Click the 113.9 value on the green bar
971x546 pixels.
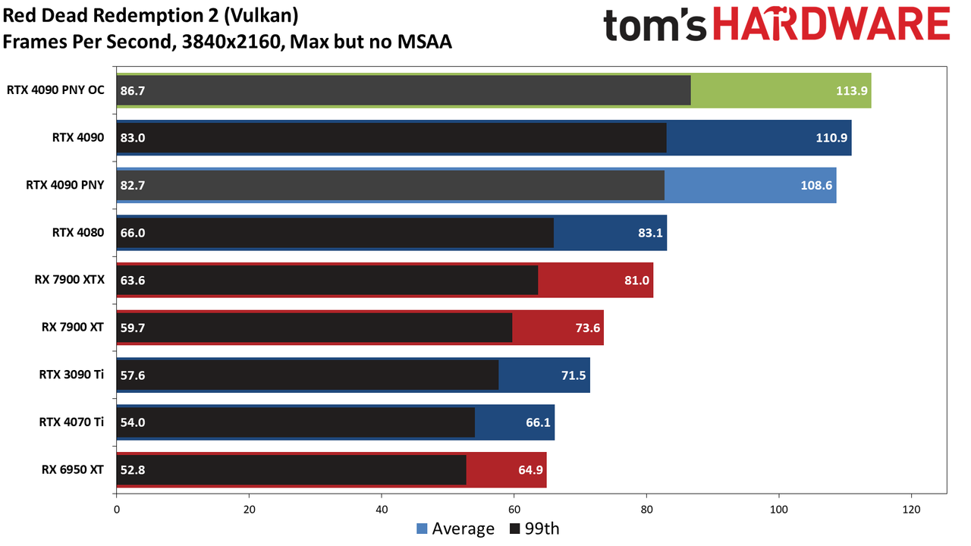tap(851, 90)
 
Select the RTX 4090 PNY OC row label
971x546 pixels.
tap(55, 90)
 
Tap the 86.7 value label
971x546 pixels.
tap(133, 90)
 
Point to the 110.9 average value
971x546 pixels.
tap(831, 138)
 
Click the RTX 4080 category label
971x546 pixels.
tap(78, 233)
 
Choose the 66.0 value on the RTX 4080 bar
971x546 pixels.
tap(133, 233)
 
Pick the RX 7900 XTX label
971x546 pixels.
tap(69, 280)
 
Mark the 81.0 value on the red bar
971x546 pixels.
tap(636, 281)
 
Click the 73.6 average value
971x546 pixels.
tap(588, 328)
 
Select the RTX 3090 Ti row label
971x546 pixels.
tap(71, 375)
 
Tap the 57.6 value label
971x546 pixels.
tap(133, 375)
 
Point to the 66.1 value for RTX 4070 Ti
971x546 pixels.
tap(538, 422)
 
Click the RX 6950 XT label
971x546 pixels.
tap(72, 469)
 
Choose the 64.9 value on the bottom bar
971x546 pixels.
tap(530, 470)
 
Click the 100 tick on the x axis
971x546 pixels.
tap(779, 510)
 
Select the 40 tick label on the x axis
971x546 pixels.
tap(382, 510)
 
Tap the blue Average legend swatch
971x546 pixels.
tap(422, 529)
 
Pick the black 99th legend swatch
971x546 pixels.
tap(514, 529)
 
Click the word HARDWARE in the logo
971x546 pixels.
tap(831, 24)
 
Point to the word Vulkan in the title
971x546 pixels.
tap(262, 16)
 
